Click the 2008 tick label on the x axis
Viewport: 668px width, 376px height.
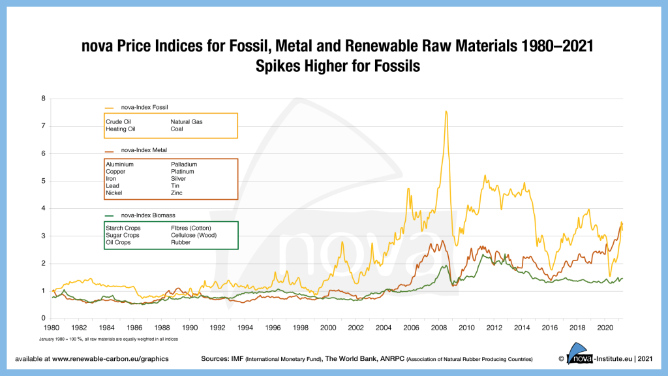(x=439, y=328)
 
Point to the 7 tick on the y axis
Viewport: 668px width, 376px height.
(x=43, y=126)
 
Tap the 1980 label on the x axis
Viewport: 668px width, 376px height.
(x=52, y=328)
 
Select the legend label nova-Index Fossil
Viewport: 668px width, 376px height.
(x=144, y=108)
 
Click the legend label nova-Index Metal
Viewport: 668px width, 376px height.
(x=144, y=150)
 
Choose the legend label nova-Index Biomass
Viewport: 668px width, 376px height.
(x=148, y=215)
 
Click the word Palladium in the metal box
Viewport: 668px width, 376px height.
(x=184, y=164)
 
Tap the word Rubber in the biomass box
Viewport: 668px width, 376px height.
(x=181, y=242)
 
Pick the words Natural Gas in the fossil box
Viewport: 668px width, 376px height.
(x=187, y=121)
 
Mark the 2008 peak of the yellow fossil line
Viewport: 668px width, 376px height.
(x=446, y=112)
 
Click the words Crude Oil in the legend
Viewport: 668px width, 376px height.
(x=119, y=121)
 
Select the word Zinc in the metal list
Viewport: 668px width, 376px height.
(x=176, y=193)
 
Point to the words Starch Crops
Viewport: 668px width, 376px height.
(x=123, y=228)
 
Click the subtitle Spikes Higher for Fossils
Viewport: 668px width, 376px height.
(x=338, y=66)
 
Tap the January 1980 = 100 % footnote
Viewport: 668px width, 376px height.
(x=109, y=339)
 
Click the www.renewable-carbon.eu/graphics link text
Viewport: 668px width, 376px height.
(x=110, y=359)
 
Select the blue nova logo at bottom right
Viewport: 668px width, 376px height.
(x=579, y=354)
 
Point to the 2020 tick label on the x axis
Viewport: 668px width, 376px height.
(x=605, y=328)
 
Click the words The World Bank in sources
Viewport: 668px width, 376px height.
(x=350, y=359)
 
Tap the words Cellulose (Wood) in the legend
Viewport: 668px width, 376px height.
(x=194, y=235)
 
